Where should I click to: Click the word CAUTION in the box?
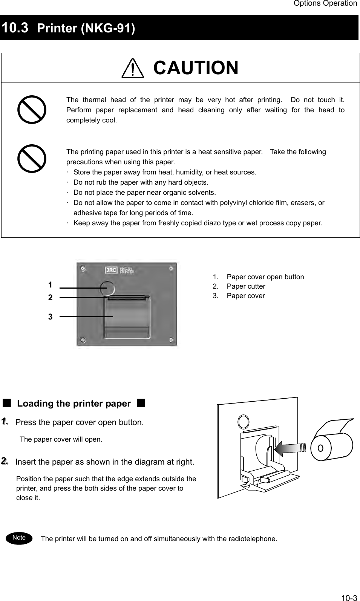point(196,68)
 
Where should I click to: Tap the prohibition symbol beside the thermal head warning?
point(32,110)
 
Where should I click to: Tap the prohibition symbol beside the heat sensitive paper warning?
point(32,158)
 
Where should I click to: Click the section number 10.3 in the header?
point(15,28)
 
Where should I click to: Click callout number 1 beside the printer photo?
point(50,284)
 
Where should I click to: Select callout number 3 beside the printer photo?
point(50,317)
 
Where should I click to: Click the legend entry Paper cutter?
point(246,286)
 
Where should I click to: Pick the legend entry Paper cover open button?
point(265,277)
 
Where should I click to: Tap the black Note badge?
point(19,538)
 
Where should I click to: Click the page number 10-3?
point(349,598)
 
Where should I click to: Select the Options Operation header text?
point(325,4)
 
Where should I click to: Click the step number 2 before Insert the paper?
point(5,461)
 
